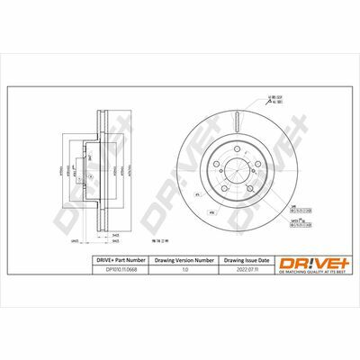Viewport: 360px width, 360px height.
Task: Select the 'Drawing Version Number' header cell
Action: coord(185,258)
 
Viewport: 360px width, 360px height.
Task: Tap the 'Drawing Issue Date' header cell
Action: coord(244,258)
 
